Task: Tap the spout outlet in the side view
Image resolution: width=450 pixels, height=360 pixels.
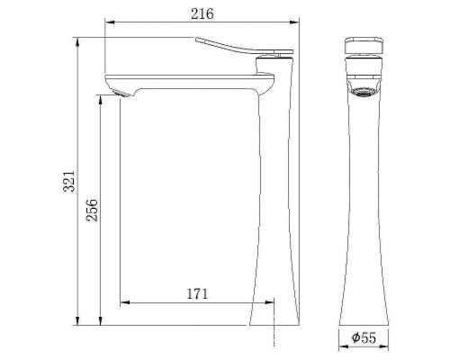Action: pyautogui.click(x=118, y=92)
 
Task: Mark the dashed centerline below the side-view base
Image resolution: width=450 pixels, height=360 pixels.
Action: pyautogui.click(x=272, y=335)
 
